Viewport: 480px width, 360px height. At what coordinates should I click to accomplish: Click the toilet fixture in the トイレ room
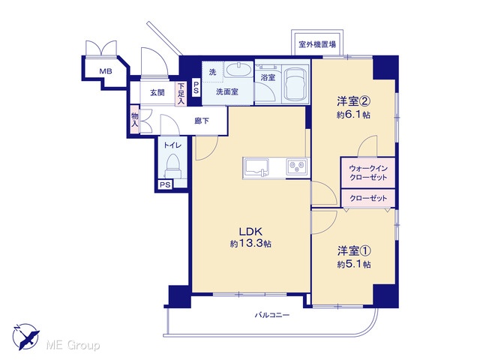[172, 166]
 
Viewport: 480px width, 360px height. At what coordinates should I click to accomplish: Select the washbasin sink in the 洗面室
[238, 70]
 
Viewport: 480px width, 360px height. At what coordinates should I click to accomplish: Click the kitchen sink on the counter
[256, 168]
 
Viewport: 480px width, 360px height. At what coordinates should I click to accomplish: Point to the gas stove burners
[297, 166]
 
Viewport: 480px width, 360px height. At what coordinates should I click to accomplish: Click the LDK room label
[250, 231]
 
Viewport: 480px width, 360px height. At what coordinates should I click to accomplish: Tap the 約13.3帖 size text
[250, 244]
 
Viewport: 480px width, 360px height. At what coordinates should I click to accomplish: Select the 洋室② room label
[354, 100]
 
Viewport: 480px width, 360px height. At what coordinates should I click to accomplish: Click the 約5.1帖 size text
[354, 264]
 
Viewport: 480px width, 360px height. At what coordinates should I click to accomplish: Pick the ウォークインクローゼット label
[368, 172]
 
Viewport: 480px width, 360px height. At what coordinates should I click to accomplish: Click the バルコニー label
[272, 315]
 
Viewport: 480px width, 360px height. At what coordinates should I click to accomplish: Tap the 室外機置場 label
[317, 44]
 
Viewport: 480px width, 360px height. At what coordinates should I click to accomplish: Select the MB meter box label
[106, 72]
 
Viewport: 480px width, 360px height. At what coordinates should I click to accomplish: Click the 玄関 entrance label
[157, 92]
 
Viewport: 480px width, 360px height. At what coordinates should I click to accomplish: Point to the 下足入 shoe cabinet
[181, 94]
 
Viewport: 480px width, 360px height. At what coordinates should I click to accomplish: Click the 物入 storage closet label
[135, 119]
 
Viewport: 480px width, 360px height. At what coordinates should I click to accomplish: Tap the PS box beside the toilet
[165, 185]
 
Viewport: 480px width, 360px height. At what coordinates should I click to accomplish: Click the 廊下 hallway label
[202, 121]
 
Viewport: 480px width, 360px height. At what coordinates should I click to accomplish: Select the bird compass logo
[25, 336]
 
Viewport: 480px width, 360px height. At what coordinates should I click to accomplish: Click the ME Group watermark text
[73, 345]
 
